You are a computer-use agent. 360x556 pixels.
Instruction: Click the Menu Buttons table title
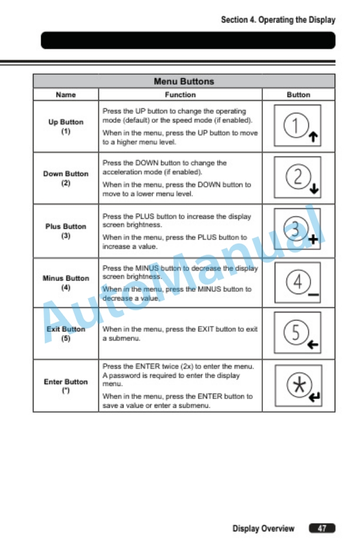(x=184, y=81)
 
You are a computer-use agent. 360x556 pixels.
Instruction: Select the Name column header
(x=65, y=95)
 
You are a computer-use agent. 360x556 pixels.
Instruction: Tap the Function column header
(x=180, y=95)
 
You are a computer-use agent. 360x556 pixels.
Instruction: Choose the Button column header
(x=298, y=95)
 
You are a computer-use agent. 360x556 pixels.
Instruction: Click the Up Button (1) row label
(x=66, y=126)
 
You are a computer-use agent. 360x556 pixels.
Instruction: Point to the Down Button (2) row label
(x=66, y=178)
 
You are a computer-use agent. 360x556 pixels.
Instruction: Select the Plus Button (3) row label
(x=66, y=231)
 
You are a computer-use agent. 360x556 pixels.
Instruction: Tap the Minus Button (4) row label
(x=66, y=282)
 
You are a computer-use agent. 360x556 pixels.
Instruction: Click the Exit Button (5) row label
(x=66, y=334)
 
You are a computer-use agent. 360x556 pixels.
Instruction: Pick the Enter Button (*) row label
(x=66, y=385)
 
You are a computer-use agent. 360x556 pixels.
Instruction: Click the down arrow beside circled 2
(x=314, y=189)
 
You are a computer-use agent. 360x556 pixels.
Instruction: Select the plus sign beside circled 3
(x=314, y=240)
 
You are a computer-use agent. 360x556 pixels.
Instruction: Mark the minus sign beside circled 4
(x=314, y=294)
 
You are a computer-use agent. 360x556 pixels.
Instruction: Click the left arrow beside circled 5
(x=314, y=345)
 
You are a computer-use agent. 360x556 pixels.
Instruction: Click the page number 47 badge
(x=322, y=528)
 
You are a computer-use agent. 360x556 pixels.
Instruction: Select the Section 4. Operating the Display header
(x=278, y=19)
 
